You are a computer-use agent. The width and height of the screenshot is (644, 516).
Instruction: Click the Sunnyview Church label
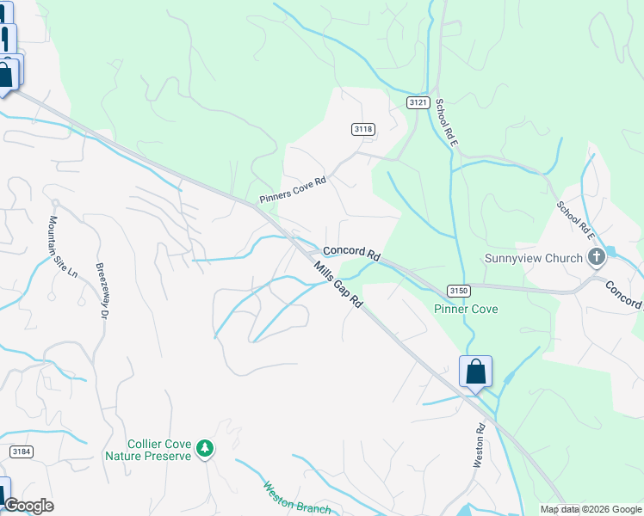coord(534,258)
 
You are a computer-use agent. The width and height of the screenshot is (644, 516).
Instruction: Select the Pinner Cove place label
coord(466,309)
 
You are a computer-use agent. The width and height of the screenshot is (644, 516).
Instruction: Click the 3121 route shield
coord(418,102)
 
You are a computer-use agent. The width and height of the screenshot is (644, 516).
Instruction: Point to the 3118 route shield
coord(363,129)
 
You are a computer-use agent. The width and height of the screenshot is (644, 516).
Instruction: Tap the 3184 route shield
coord(22,451)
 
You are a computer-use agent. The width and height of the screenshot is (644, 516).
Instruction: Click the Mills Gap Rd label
coord(337,286)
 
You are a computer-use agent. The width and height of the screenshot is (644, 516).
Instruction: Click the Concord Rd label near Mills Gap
coord(351,253)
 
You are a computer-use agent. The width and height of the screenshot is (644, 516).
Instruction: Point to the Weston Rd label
coord(479,445)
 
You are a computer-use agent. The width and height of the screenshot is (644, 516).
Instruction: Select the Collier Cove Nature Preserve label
coord(147,449)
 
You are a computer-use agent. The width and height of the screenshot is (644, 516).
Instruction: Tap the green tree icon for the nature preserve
coord(204,448)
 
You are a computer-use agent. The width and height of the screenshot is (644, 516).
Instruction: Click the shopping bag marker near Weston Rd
coord(475,372)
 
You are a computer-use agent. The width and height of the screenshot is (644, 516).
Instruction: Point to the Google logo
coord(28,506)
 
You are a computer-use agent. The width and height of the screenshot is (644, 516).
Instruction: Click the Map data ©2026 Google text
coord(590,509)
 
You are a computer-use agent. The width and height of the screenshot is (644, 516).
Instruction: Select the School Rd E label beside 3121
coord(444,122)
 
